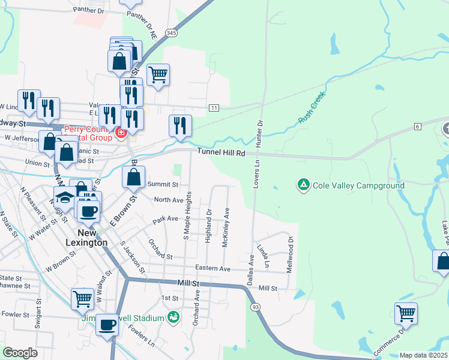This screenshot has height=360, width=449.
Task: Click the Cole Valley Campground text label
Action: [x=359, y=185]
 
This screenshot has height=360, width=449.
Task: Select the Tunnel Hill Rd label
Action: [x=221, y=153]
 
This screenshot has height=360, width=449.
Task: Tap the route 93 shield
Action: [x=256, y=307]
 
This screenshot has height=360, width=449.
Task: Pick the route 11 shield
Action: [x=213, y=108]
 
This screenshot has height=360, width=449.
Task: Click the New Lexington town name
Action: [x=92, y=238]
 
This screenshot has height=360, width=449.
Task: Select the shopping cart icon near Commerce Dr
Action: [x=406, y=313]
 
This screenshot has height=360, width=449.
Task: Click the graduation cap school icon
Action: [x=65, y=197]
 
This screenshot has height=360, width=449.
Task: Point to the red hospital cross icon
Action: [x=121, y=131]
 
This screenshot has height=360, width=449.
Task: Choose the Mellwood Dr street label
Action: [x=290, y=255]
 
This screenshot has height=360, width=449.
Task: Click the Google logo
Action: [x=20, y=352]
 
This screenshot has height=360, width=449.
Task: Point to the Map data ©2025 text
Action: [x=423, y=355]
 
